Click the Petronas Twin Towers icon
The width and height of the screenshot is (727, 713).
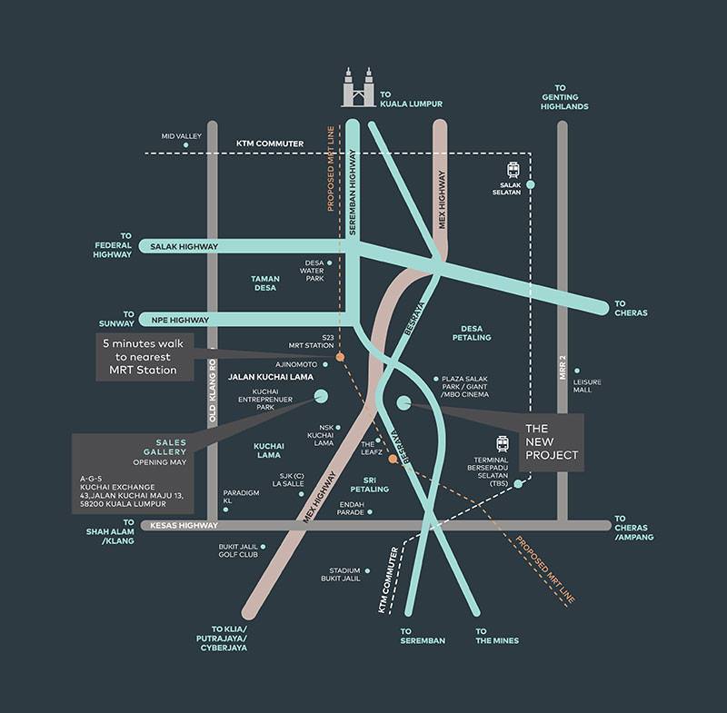tap(357, 87)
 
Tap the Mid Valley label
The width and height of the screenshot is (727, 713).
tap(181, 136)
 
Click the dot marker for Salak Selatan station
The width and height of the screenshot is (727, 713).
tap(531, 184)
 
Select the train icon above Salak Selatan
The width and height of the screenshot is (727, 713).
tap(513, 170)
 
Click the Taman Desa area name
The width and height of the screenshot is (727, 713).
tap(265, 283)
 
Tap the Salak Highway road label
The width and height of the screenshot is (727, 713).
tap(184, 246)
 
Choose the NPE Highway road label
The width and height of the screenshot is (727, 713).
tap(180, 320)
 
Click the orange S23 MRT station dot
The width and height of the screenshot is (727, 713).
tap(340, 357)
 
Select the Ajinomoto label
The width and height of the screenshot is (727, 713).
tap(296, 364)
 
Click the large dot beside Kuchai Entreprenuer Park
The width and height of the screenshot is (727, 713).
tap(321, 396)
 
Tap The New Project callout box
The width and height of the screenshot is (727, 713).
tap(552, 442)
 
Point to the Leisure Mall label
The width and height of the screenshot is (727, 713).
tap(587, 386)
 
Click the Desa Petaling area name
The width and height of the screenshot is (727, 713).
tap(472, 333)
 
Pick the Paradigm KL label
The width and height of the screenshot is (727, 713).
tap(241, 497)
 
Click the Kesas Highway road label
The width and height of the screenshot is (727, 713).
tap(184, 525)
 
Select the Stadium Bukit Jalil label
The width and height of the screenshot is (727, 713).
tap(341, 574)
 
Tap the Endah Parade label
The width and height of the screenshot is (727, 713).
tap(351, 509)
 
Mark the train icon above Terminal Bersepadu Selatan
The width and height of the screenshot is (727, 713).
tap(503, 444)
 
